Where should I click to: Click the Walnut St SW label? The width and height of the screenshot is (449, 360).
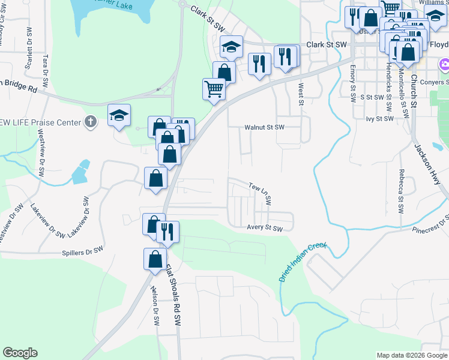point(264,128)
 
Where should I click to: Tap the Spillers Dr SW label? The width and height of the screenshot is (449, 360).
point(82,249)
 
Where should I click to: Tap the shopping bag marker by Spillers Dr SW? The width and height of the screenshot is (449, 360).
point(155,259)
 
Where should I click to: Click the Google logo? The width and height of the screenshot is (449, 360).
point(20,353)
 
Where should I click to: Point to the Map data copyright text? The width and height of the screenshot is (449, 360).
point(411,355)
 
